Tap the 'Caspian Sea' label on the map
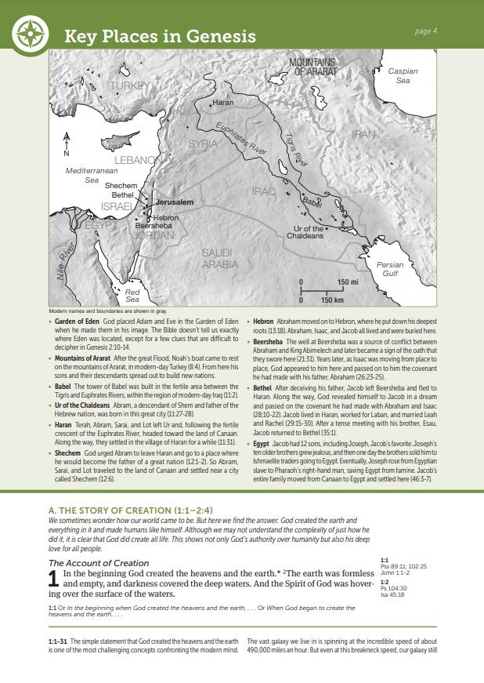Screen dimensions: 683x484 403,76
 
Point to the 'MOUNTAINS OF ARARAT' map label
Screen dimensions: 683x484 312,67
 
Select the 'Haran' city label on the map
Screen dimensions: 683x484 222,103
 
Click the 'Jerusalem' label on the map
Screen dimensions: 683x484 174,202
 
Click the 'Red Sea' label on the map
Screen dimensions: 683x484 132,296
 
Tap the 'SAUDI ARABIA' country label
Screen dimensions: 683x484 219,259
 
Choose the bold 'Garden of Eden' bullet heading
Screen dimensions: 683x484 77,322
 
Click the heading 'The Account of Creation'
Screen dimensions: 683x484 99,563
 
